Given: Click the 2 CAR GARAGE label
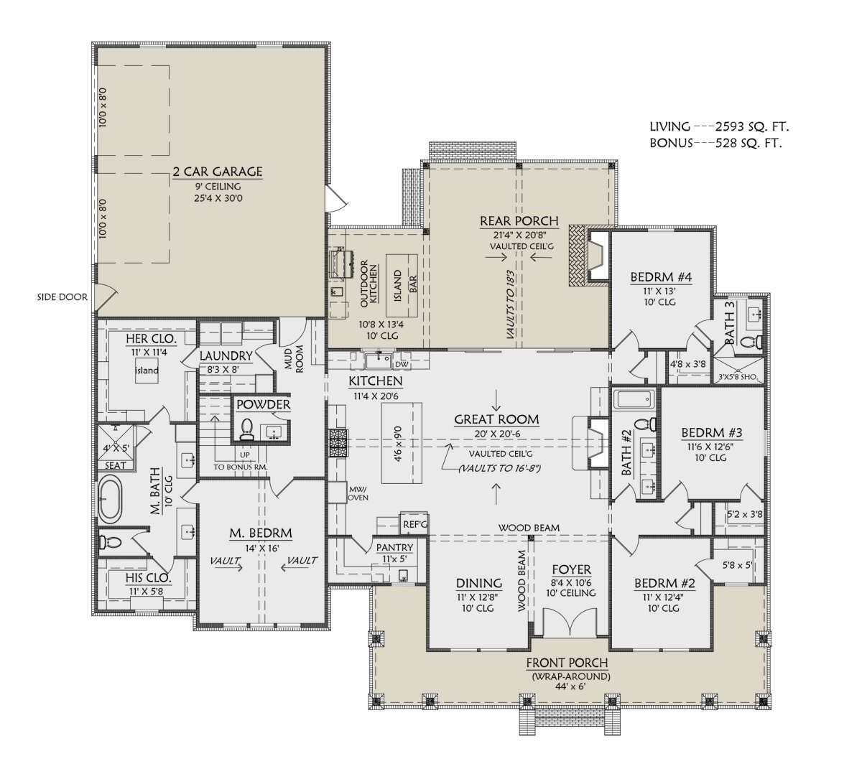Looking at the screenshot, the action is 218,172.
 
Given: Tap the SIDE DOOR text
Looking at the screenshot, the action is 62,297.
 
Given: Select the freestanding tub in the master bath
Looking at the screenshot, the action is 110,501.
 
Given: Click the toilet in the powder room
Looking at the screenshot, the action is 246,429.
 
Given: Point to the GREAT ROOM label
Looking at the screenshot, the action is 496,419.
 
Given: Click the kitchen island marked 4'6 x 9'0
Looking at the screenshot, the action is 402,443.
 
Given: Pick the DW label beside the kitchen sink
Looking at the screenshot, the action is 402,365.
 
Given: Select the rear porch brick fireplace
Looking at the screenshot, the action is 590,255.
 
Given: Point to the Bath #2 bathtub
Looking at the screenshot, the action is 634,400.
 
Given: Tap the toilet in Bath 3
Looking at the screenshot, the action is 751,342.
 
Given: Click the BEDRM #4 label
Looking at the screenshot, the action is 661,277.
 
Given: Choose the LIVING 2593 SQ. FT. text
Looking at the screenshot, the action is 719,126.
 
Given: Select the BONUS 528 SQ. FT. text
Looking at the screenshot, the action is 715,144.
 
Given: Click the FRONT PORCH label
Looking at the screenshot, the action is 567,663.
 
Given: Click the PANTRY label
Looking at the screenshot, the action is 395,547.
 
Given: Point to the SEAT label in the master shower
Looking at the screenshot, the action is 115,466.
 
